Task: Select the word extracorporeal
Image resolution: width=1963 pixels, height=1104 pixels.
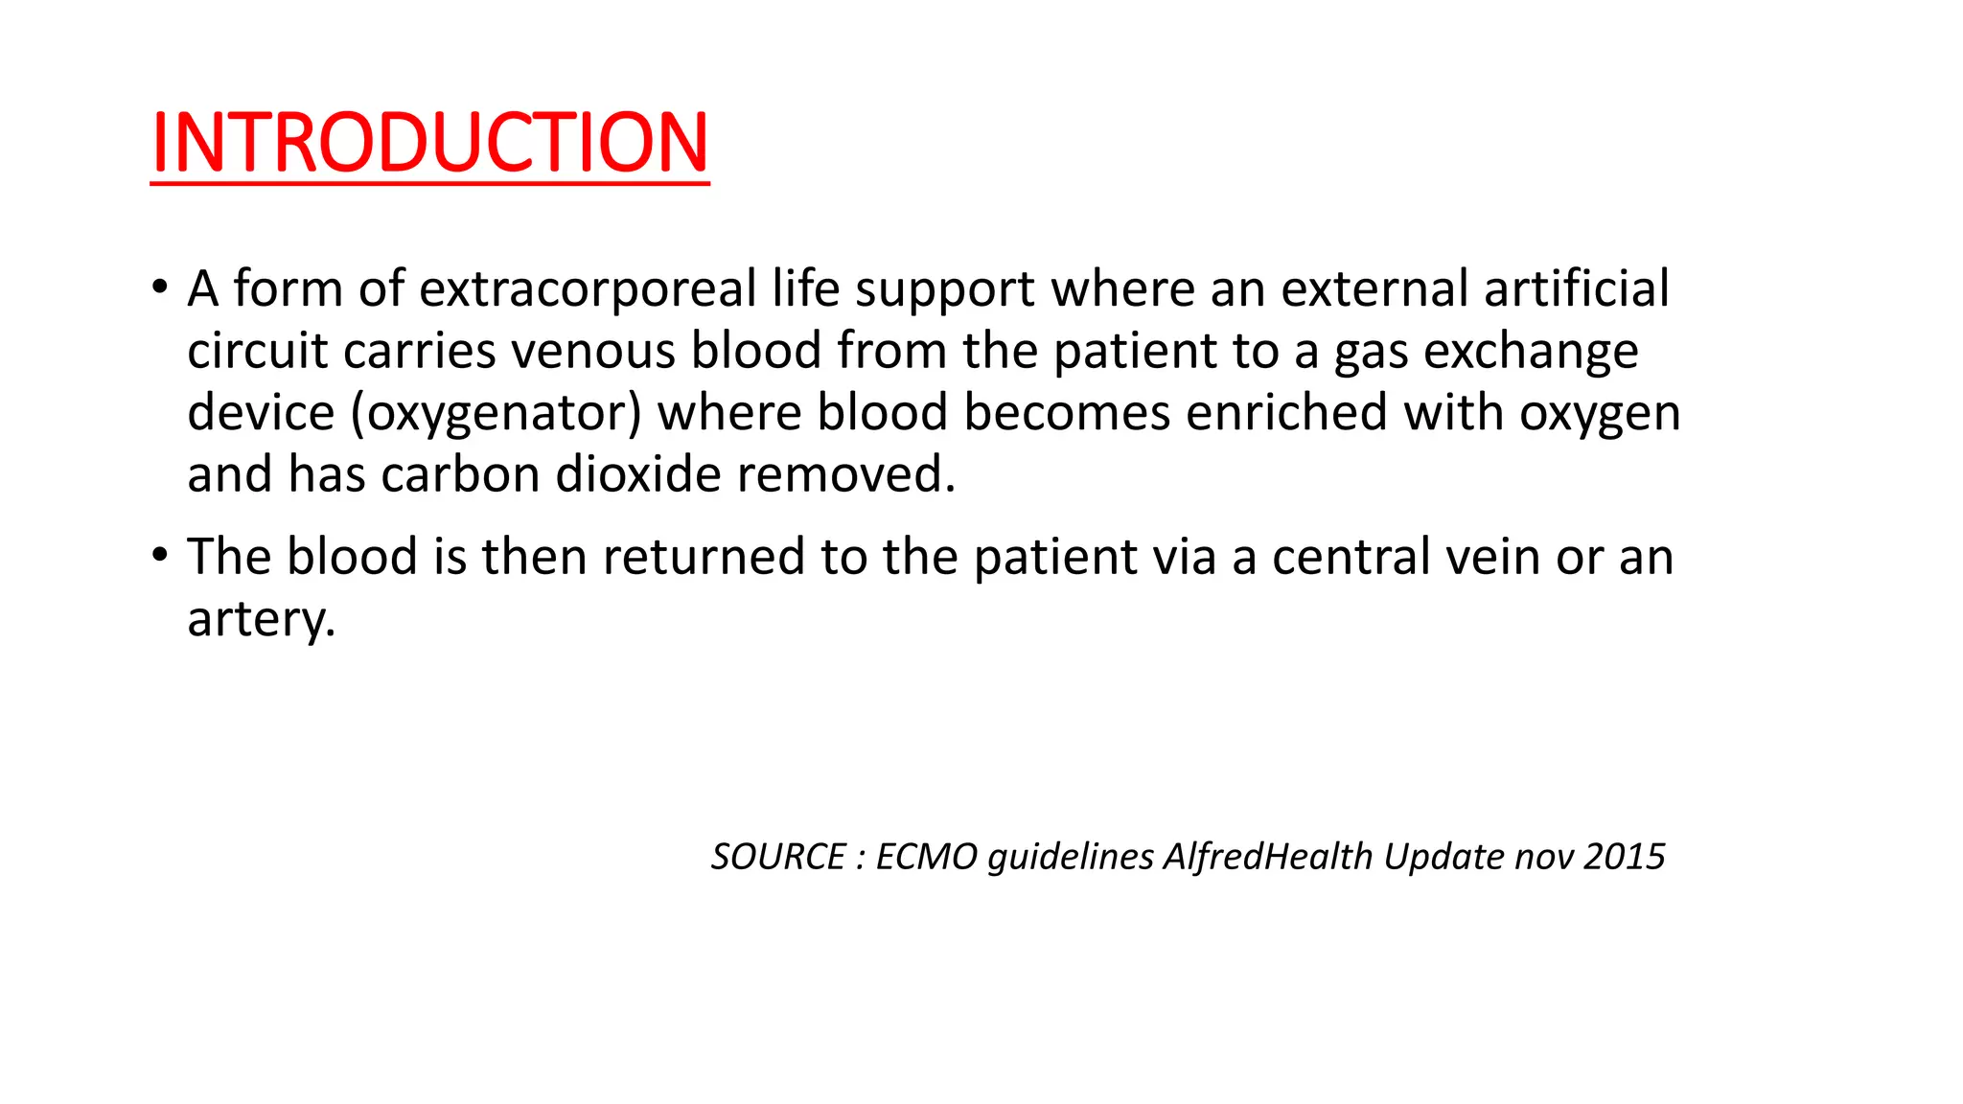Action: tap(588, 288)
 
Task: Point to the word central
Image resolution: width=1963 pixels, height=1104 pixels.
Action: tap(1351, 557)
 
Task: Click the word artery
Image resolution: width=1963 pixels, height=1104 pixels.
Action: tap(261, 619)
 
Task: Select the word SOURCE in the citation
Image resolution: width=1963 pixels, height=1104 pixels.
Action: tap(778, 857)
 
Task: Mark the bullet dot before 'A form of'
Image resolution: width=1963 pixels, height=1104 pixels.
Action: tap(160, 287)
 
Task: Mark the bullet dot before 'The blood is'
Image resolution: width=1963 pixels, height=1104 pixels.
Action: tap(160, 555)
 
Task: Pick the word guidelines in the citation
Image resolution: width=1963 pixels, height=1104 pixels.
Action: tap(1071, 857)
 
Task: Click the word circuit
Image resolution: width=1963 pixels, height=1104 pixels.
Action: tap(258, 351)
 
